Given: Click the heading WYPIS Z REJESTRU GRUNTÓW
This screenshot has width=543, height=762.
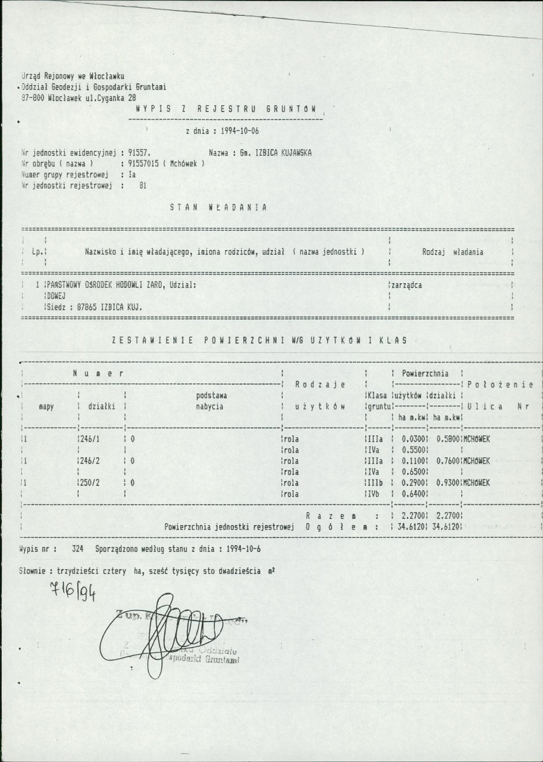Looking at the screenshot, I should pos(225,109).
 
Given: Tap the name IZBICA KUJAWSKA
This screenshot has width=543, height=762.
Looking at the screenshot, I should pos(281,153).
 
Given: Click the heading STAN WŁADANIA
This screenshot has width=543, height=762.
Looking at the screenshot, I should pos(218,207).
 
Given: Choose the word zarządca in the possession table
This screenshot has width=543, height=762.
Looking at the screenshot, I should pos(405,285).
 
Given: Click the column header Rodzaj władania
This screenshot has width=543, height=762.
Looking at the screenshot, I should pos(452,252).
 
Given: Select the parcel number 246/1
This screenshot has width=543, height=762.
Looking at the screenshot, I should pos(91,439).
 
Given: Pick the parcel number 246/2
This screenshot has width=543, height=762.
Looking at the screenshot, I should pos(91,461).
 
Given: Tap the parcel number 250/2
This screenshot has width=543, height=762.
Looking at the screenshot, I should pos(91,483).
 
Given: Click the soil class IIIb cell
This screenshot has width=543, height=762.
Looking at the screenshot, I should pos(376,483).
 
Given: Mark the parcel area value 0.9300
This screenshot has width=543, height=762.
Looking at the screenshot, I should pos(448,483).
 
